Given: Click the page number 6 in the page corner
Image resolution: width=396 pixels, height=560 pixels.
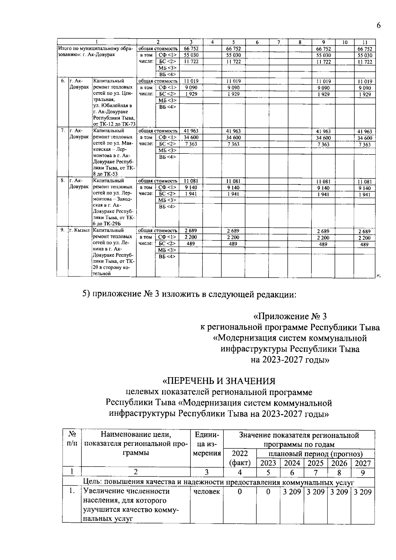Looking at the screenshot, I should [x=379, y=26].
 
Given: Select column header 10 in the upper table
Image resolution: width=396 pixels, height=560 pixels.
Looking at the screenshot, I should [x=345, y=42].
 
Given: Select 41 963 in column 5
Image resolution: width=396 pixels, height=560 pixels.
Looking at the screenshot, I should [x=233, y=131].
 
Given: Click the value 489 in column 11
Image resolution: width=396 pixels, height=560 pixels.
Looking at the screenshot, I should [x=364, y=245].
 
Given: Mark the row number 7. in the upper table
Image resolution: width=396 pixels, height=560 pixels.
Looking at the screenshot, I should [x=62, y=131].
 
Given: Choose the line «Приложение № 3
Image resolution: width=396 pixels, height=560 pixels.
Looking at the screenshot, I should [x=290, y=316].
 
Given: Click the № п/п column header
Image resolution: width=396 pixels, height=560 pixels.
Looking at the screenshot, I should [x=72, y=439].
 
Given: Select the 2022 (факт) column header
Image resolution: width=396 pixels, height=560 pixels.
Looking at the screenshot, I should [x=240, y=458].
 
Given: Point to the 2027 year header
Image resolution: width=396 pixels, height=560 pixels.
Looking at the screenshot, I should [x=363, y=463].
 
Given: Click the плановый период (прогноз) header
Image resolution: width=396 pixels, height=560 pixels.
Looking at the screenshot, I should [x=315, y=454].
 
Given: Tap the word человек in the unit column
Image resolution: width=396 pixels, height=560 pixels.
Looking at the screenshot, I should [x=207, y=492].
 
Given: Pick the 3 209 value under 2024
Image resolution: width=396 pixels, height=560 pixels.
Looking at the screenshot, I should [x=292, y=492].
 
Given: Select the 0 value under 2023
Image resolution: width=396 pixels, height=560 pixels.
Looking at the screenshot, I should [x=268, y=492].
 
